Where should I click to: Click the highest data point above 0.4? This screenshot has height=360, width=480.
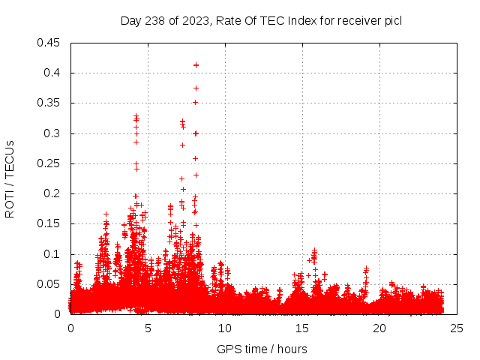196,65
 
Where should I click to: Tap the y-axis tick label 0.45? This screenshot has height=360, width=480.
49,43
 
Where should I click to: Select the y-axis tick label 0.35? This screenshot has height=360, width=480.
49,103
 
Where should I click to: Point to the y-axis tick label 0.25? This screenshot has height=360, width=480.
49,163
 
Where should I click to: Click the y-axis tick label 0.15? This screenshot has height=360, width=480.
49,223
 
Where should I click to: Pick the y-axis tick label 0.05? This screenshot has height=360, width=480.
49,284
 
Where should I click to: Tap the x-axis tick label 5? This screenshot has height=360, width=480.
148,328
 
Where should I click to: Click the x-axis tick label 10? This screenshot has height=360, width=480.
225,328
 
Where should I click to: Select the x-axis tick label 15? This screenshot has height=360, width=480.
302,328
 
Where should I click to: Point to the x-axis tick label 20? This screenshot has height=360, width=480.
379,328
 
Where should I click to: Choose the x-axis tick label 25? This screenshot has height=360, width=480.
457,328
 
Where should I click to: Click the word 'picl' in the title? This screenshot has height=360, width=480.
393,21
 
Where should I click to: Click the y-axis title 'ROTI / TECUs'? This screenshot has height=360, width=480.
10,178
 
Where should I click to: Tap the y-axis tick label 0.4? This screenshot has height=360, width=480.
52,73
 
